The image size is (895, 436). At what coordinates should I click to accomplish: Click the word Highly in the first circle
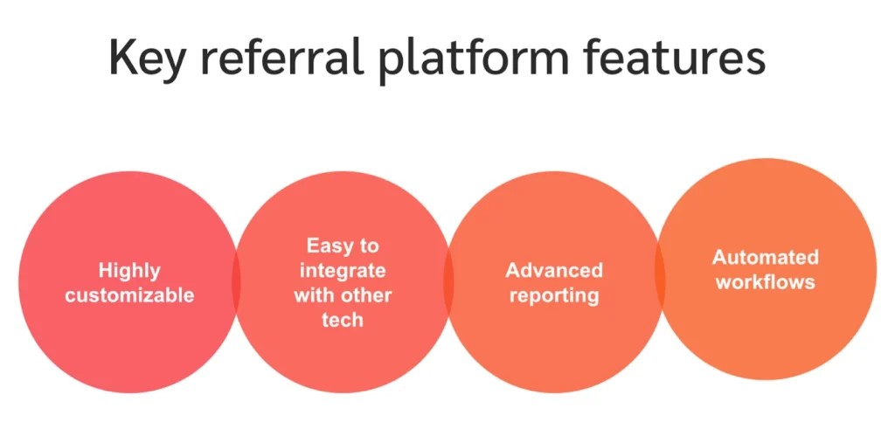click(129, 270)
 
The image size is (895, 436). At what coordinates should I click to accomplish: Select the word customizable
click(129, 295)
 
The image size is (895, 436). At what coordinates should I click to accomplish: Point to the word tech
click(342, 320)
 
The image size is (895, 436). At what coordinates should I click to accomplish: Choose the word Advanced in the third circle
click(554, 270)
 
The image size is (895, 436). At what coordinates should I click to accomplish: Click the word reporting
click(554, 295)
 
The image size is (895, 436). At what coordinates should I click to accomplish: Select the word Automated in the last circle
click(765, 257)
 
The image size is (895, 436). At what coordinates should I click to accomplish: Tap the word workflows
click(765, 282)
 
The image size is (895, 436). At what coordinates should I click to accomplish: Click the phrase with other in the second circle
click(342, 295)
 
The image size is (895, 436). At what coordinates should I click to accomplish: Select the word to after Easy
click(371, 246)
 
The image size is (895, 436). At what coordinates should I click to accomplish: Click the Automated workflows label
click(765, 269)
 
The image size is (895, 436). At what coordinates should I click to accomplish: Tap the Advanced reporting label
click(554, 282)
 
